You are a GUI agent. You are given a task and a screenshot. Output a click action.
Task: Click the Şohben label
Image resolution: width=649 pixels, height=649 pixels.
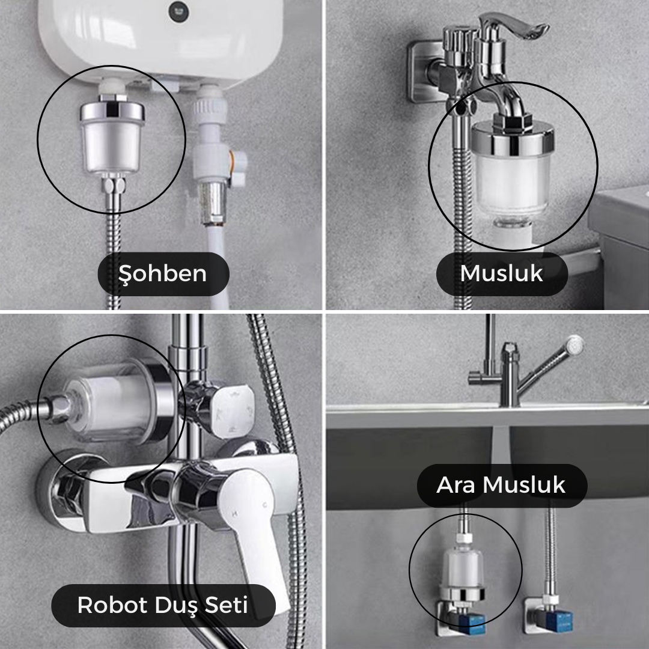click(x=163, y=273)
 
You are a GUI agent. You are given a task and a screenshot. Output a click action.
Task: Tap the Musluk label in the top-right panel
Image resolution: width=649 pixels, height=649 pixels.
click(x=502, y=273)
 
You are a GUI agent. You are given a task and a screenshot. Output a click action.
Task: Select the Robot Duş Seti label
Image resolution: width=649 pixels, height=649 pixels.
click(x=163, y=605)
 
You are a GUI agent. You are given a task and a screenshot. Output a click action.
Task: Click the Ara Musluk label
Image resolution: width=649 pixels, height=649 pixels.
click(x=502, y=485)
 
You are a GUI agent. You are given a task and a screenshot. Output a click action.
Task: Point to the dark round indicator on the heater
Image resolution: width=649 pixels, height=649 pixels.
click(x=179, y=12)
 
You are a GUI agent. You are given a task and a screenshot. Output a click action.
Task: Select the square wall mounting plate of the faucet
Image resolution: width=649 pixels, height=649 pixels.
click(x=425, y=72)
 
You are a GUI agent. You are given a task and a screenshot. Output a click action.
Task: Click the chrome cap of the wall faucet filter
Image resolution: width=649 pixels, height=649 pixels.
click(x=513, y=138)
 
